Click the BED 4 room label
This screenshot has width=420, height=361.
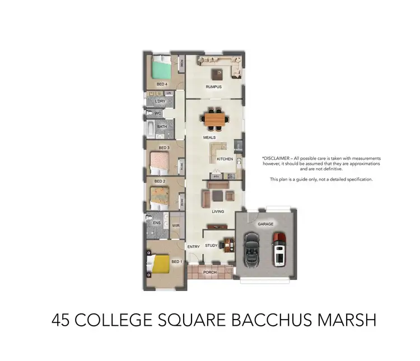pos(162,84)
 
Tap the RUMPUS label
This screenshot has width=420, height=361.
pos(213,87)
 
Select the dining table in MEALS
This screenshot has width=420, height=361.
pos(215,118)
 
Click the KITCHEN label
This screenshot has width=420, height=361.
pos(225,159)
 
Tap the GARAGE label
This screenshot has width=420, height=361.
pos(265,224)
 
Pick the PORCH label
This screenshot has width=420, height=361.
pos(210,272)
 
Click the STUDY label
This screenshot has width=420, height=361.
pos(211,246)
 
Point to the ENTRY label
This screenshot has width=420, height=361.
pos(193,247)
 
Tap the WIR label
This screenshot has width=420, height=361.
pos(175,226)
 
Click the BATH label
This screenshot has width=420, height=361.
pos(162,127)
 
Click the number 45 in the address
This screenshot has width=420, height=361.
pos(61,320)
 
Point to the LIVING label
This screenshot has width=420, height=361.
pos(218,211)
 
